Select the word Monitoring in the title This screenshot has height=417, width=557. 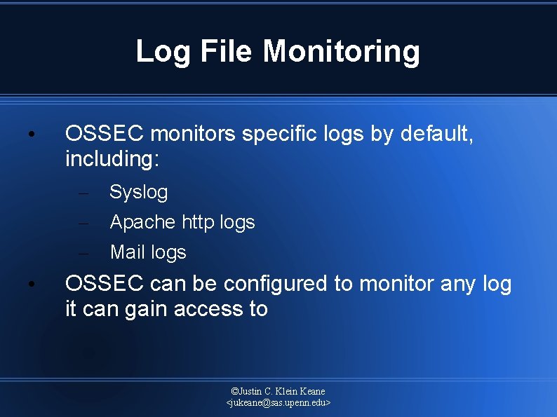coord(342,51)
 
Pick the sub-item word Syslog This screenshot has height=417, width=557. coord(139,192)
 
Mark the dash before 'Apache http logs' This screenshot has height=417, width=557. coord(83,223)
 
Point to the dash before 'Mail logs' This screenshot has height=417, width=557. coord(83,253)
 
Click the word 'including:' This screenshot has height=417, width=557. coord(112,159)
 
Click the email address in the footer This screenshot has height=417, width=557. coord(278,403)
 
